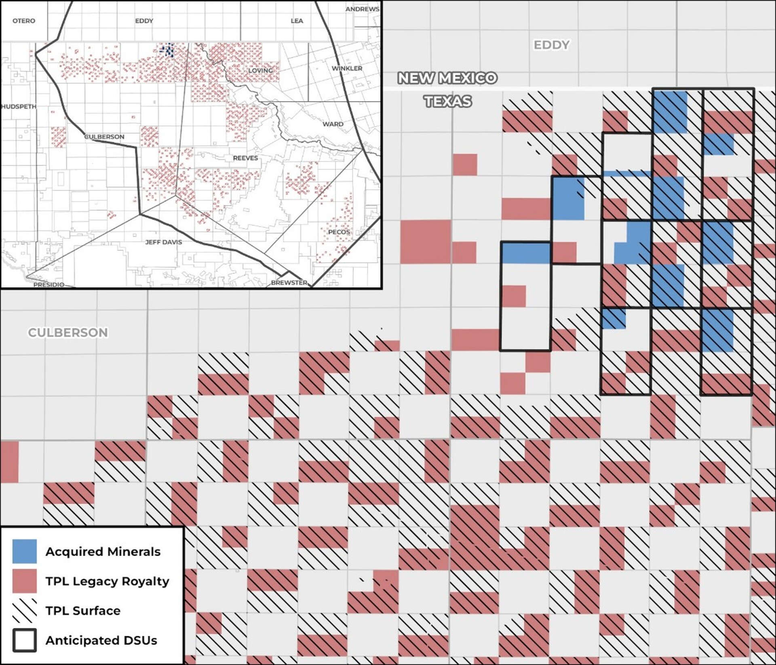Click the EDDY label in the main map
(551, 45)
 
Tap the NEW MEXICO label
(447, 78)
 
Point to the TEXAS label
(447, 101)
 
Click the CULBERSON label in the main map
(68, 332)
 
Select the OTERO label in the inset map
(24, 21)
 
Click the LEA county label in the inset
(297, 21)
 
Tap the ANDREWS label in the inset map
(362, 9)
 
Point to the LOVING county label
(260, 70)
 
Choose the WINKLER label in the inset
(347, 68)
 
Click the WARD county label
(333, 124)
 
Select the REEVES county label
(245, 158)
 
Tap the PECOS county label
(339, 232)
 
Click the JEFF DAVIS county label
(164, 242)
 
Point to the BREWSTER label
(289, 282)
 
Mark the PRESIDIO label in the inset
(48, 285)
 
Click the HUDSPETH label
(19, 106)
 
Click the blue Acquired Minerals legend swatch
(24, 551)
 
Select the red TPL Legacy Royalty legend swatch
(24, 581)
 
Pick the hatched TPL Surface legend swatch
(24, 611)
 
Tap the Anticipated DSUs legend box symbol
(24, 640)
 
